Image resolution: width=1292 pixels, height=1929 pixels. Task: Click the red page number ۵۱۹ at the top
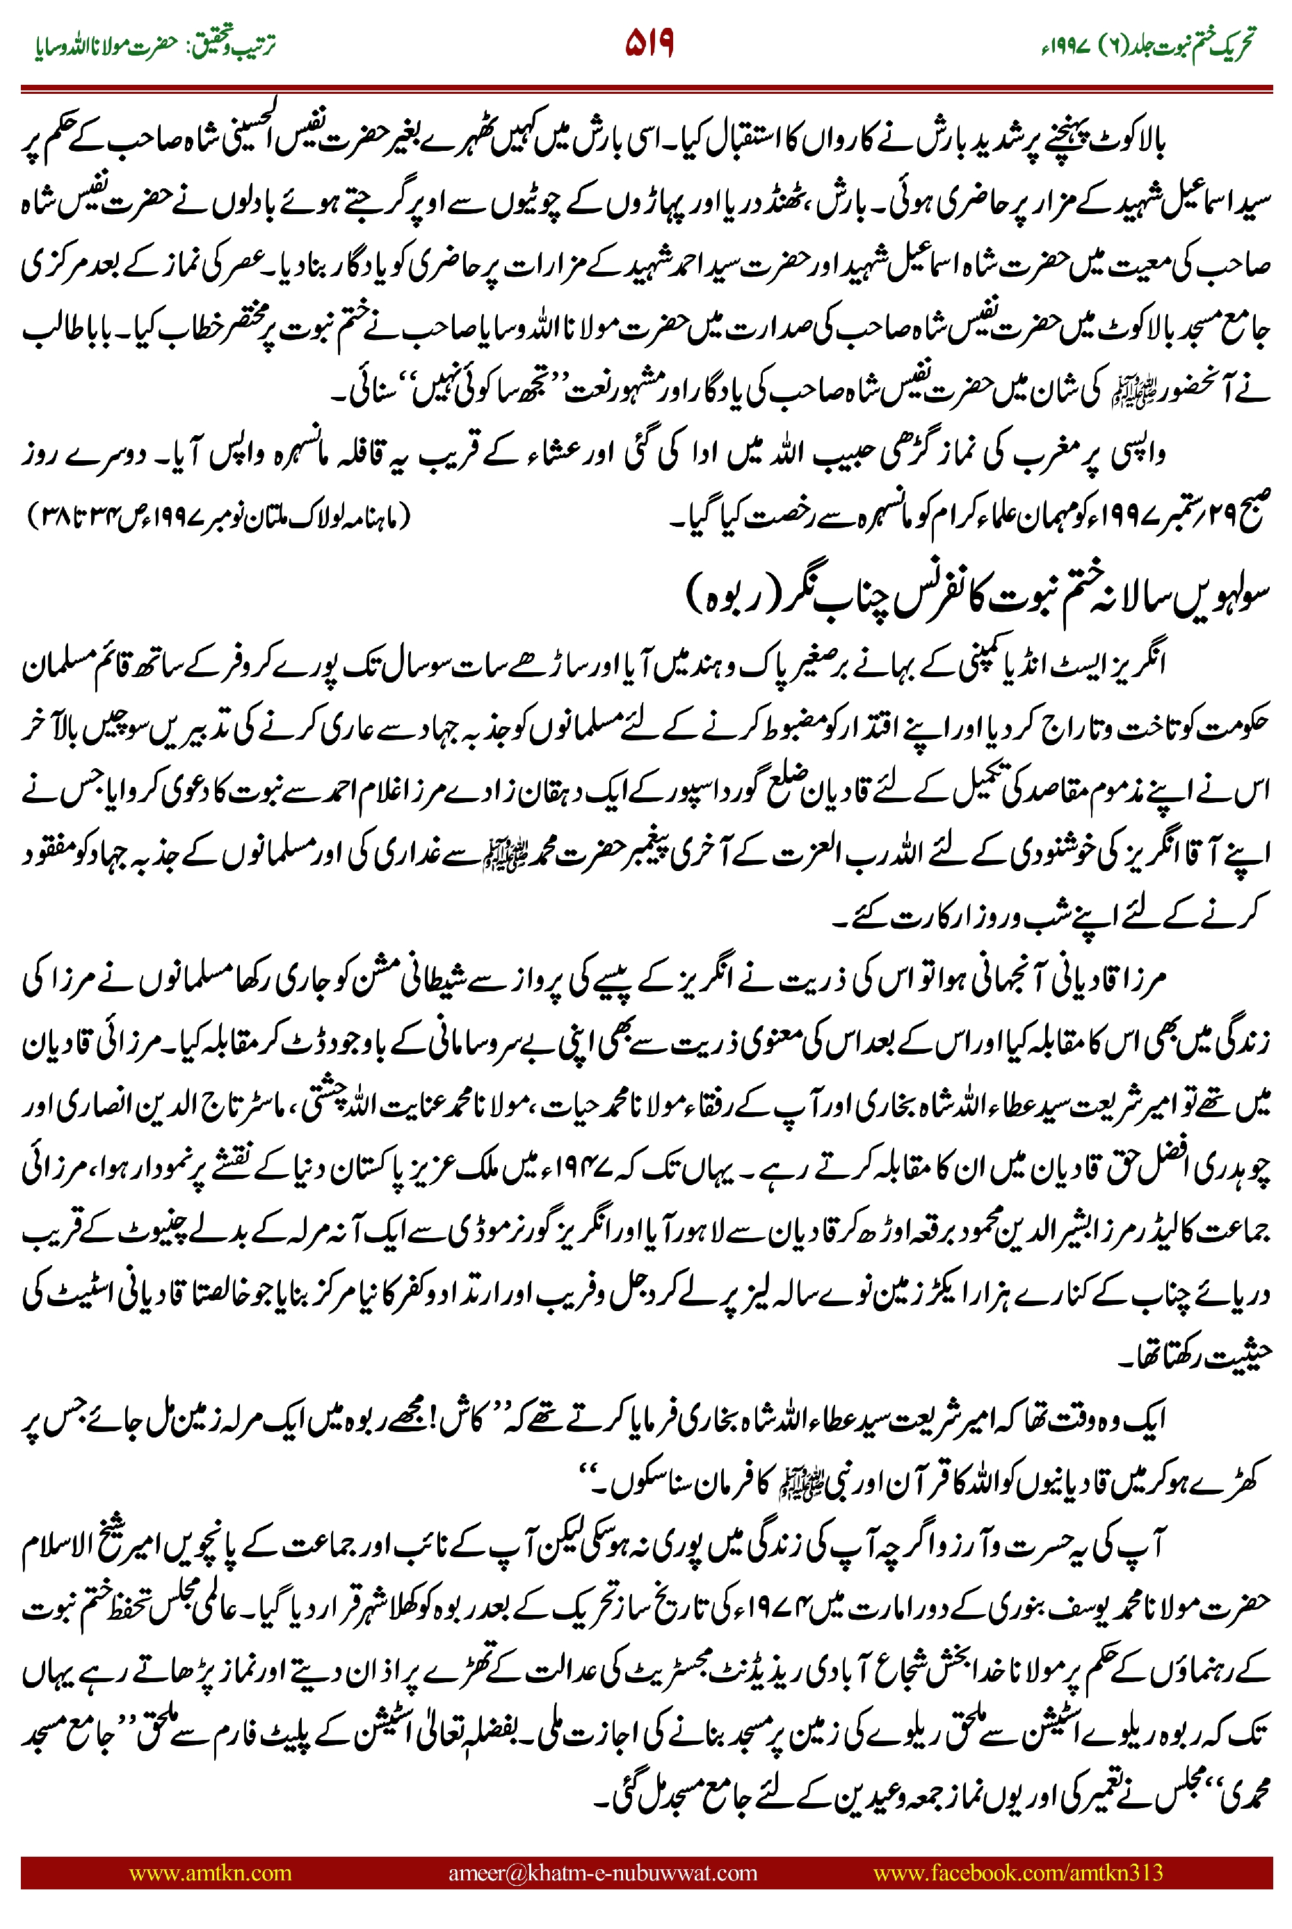649,43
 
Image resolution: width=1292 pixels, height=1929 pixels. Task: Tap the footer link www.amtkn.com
210,1872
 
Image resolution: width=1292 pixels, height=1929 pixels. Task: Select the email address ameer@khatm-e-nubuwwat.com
602,1872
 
